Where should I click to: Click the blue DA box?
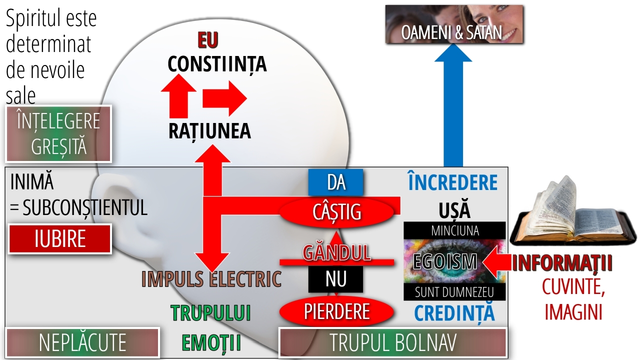[x=335, y=182]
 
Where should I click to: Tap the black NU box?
[x=335, y=279]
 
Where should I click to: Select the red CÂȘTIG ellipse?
[x=336, y=212]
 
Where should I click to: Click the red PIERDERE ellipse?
[x=336, y=311]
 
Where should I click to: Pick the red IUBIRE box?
[x=59, y=239]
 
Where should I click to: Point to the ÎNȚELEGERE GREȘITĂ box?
[x=58, y=133]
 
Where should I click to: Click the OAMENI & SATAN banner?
[x=454, y=24]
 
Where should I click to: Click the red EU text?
[x=208, y=40]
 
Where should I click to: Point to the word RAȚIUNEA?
[x=209, y=131]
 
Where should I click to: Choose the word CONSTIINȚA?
[x=217, y=64]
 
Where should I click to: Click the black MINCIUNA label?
[x=454, y=230]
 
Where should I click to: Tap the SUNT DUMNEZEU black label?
[x=454, y=292]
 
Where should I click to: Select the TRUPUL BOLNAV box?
[x=393, y=342]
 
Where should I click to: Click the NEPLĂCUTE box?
[x=82, y=342]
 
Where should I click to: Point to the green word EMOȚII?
[x=211, y=342]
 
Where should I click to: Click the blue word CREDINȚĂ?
[x=454, y=313]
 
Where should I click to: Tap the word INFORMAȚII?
[x=562, y=263]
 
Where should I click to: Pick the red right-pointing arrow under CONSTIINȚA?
[x=224, y=98]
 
